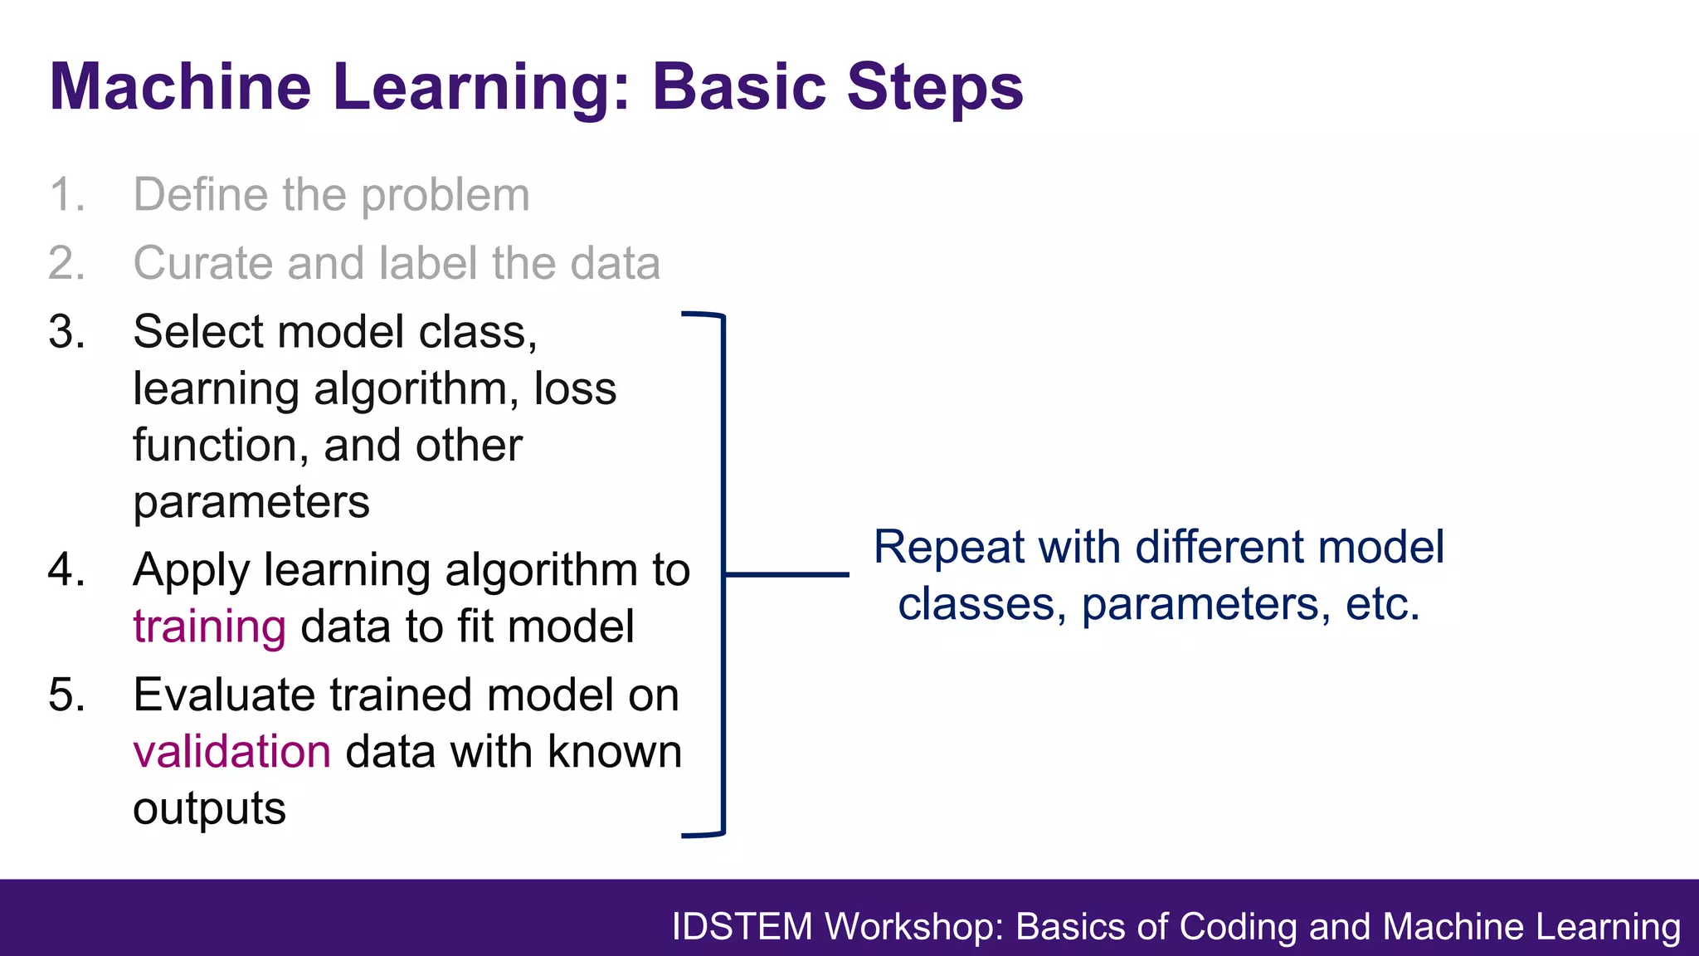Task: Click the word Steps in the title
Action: click(x=935, y=88)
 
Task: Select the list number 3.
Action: click(x=66, y=332)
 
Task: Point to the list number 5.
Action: click(x=66, y=695)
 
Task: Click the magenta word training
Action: click(x=209, y=627)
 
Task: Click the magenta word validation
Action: click(x=231, y=752)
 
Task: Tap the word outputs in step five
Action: click(x=209, y=809)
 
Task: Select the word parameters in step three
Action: click(x=251, y=502)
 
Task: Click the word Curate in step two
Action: click(x=202, y=263)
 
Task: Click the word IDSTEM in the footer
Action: click(x=742, y=927)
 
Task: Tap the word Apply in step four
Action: click(x=191, y=571)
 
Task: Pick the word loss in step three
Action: click(x=574, y=388)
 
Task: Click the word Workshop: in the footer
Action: click(x=914, y=927)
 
